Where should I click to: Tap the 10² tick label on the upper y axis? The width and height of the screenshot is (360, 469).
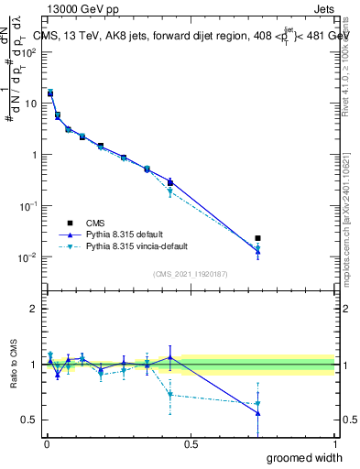pos(28,52)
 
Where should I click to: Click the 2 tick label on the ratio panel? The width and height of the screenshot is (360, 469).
pos(33,309)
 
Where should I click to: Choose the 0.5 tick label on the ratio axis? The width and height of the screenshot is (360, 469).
pos(28,420)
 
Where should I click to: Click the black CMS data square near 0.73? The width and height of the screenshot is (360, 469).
pos(257,238)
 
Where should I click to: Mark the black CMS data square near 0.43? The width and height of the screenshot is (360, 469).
pos(170,182)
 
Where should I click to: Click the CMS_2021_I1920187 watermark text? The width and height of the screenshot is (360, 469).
pos(190,274)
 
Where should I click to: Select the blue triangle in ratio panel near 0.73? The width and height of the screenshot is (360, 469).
pos(257,413)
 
